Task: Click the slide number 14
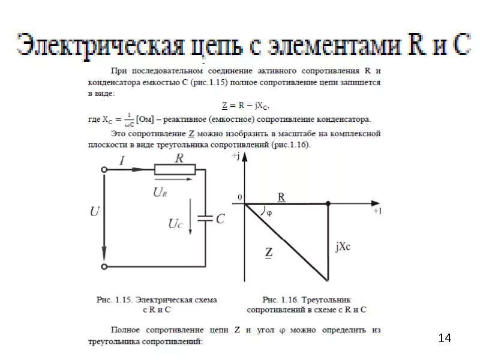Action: click(445, 338)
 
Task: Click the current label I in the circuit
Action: click(122, 160)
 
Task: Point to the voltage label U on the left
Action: click(95, 211)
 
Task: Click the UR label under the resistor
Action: click(160, 192)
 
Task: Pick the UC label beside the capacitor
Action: click(175, 224)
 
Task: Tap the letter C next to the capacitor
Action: click(220, 219)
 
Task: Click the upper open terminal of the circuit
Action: click(104, 170)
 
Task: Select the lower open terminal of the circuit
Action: click(104, 266)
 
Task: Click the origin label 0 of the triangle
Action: click(239, 197)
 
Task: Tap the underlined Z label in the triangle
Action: click(269, 253)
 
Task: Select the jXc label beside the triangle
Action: click(344, 246)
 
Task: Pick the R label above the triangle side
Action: click(281, 197)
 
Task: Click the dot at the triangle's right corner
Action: click(328, 204)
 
